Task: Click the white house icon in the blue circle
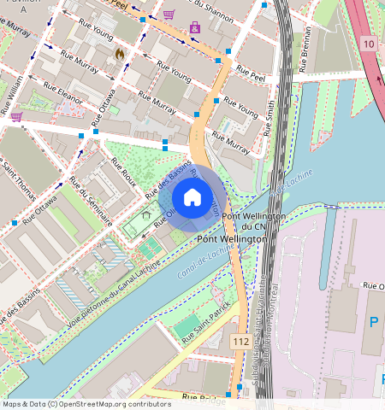tap(192, 197)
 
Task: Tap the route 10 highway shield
tap(368, 43)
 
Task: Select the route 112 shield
tap(240, 341)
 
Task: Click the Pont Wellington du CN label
tap(246, 222)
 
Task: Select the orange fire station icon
tap(120, 53)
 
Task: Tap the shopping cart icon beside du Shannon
tap(169, 15)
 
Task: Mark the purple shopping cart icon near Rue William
tap(15, 117)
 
